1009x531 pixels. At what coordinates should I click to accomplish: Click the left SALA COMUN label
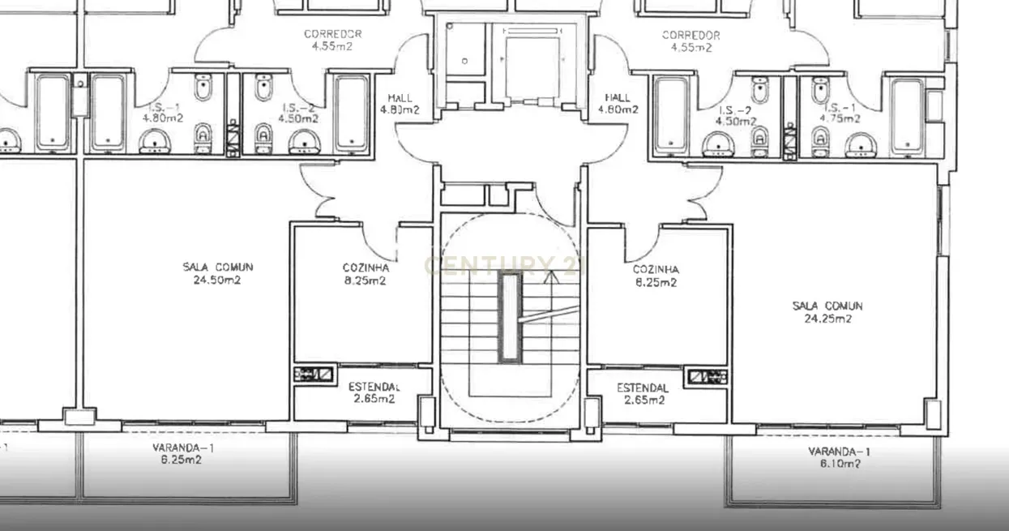(217, 267)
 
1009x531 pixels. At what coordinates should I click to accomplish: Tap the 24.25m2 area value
(827, 319)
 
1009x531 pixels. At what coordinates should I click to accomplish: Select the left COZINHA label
(366, 268)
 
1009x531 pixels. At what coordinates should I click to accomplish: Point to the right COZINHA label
(656, 269)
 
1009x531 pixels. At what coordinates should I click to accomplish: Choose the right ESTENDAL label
(642, 388)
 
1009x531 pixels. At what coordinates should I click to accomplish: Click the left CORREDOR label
(332, 34)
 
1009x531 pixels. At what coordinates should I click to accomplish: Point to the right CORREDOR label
(690, 35)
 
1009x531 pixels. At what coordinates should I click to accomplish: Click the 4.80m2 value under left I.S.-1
(164, 118)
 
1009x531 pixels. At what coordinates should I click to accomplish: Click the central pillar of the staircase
(510, 316)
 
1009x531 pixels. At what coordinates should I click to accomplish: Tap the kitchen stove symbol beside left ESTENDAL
(314, 374)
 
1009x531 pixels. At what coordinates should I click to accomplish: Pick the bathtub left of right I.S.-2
(672, 113)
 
